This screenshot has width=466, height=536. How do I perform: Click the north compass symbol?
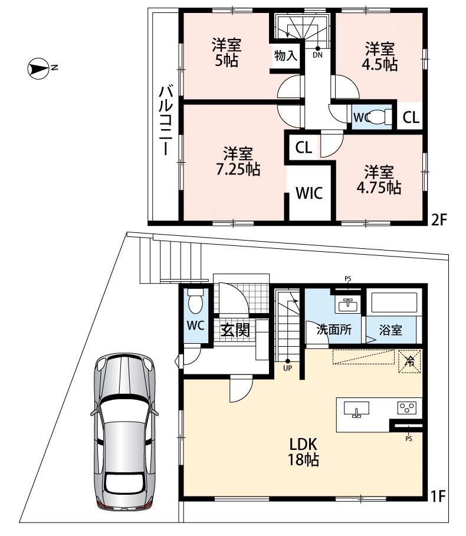click(x=38, y=69)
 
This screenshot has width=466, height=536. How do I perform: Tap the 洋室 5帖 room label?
click(x=227, y=53)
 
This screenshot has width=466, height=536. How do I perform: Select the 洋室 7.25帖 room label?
click(x=238, y=162)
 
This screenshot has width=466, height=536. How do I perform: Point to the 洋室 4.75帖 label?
click(x=379, y=180)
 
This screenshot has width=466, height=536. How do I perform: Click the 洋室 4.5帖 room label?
click(x=380, y=57)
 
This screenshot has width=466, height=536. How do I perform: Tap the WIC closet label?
click(x=309, y=193)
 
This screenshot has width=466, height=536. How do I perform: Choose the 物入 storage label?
click(x=285, y=55)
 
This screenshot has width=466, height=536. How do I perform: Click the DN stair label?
click(x=317, y=55)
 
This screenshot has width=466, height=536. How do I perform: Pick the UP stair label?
click(x=287, y=369)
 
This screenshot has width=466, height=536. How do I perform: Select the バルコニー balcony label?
click(x=166, y=121)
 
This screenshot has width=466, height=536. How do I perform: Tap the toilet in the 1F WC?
click(x=196, y=301)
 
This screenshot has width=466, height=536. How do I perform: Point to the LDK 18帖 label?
click(x=304, y=452)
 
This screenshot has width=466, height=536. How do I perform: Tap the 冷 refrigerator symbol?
click(x=409, y=361)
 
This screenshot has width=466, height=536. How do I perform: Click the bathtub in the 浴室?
click(x=394, y=302)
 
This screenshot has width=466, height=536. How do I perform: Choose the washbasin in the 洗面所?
click(x=347, y=304)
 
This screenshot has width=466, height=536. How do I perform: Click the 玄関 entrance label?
click(x=235, y=330)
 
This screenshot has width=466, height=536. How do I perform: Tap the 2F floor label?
click(x=439, y=219)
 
